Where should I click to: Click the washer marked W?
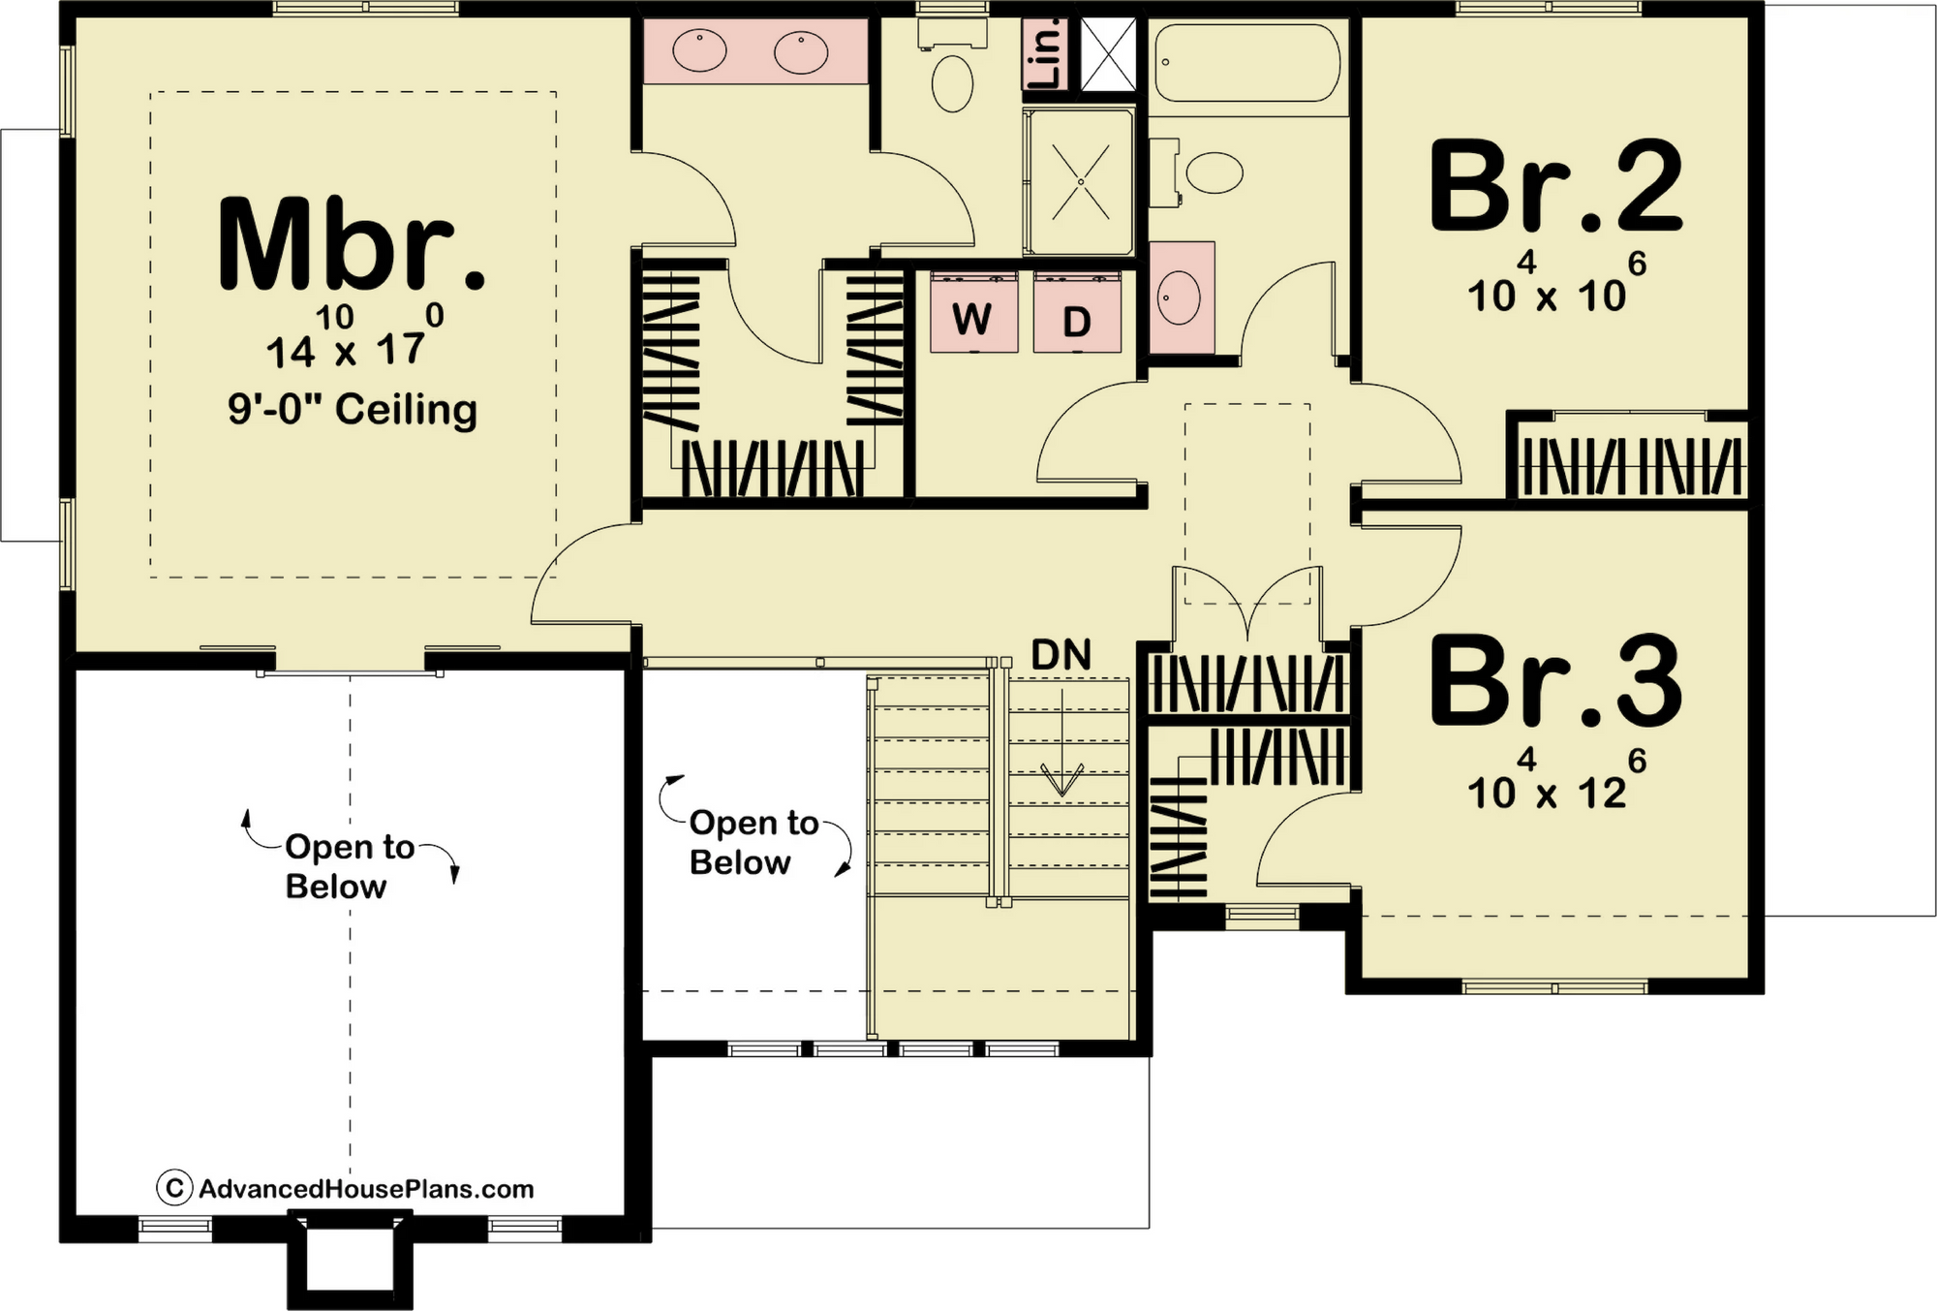click(x=973, y=312)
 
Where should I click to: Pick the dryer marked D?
click(x=1077, y=312)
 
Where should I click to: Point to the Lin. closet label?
click(x=1047, y=54)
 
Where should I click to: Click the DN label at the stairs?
click(x=1061, y=655)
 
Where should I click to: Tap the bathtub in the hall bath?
click(x=1247, y=62)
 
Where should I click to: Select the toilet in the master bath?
click(x=952, y=70)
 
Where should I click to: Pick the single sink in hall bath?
click(x=1180, y=297)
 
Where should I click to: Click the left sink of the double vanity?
click(x=699, y=51)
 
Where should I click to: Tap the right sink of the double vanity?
click(x=800, y=52)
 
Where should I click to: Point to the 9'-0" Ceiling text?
click(x=353, y=410)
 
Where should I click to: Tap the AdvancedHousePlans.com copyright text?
click(x=345, y=1188)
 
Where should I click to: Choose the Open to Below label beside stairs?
click(x=754, y=842)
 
